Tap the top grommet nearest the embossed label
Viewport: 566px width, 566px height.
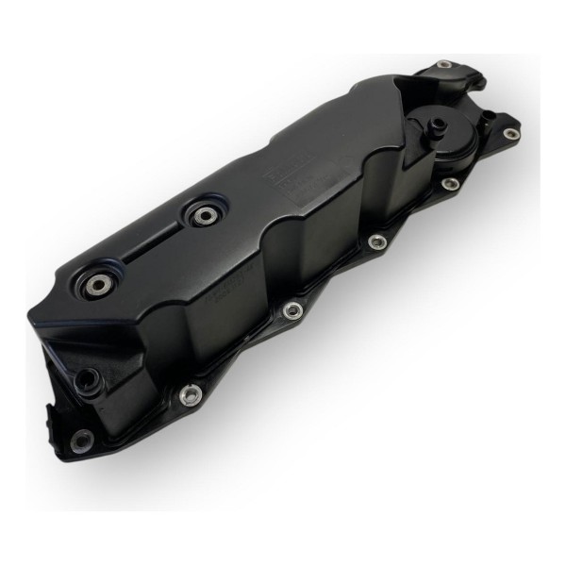click(202, 215)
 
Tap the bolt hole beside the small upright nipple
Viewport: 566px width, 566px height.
click(510, 135)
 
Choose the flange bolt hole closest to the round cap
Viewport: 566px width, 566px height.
click(451, 184)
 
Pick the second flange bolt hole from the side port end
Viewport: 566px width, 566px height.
click(190, 395)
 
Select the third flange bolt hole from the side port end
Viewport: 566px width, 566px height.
click(293, 308)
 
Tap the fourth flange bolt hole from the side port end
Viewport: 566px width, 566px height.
click(376, 241)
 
